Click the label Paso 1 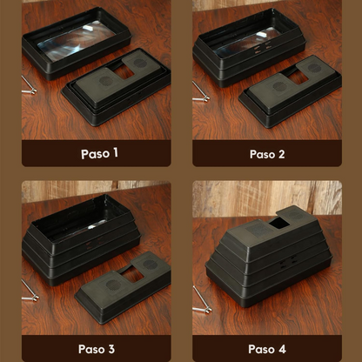pos(99,153)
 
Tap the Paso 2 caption pos(267,153)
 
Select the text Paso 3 pos(97,348)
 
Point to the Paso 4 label pos(266,348)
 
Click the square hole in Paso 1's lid pos(124,73)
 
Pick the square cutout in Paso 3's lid pos(132,275)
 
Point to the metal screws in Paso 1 pos(30,85)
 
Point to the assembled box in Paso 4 pos(265,257)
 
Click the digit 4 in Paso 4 pos(282,348)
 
